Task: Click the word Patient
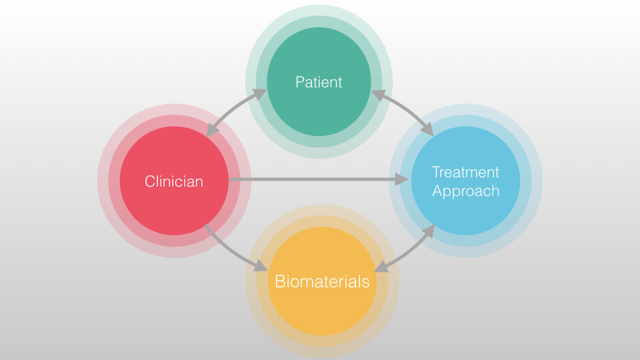coord(319,82)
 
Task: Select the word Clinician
coord(174,181)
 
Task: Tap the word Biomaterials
coord(322,281)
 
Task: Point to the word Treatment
coord(465,172)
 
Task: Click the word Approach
coord(466,191)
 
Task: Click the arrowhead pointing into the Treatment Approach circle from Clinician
coord(401,179)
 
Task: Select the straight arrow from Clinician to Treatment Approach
coord(319,179)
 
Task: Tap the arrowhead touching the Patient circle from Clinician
coord(259,95)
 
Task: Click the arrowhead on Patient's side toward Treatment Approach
coord(379,95)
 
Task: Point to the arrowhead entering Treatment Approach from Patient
coord(427,129)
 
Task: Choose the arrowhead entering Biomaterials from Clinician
coord(261,266)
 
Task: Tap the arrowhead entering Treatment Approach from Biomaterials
coord(428,231)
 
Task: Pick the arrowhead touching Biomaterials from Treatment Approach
coord(381,267)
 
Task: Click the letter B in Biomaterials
coord(280,281)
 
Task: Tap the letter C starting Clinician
coord(150,181)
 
